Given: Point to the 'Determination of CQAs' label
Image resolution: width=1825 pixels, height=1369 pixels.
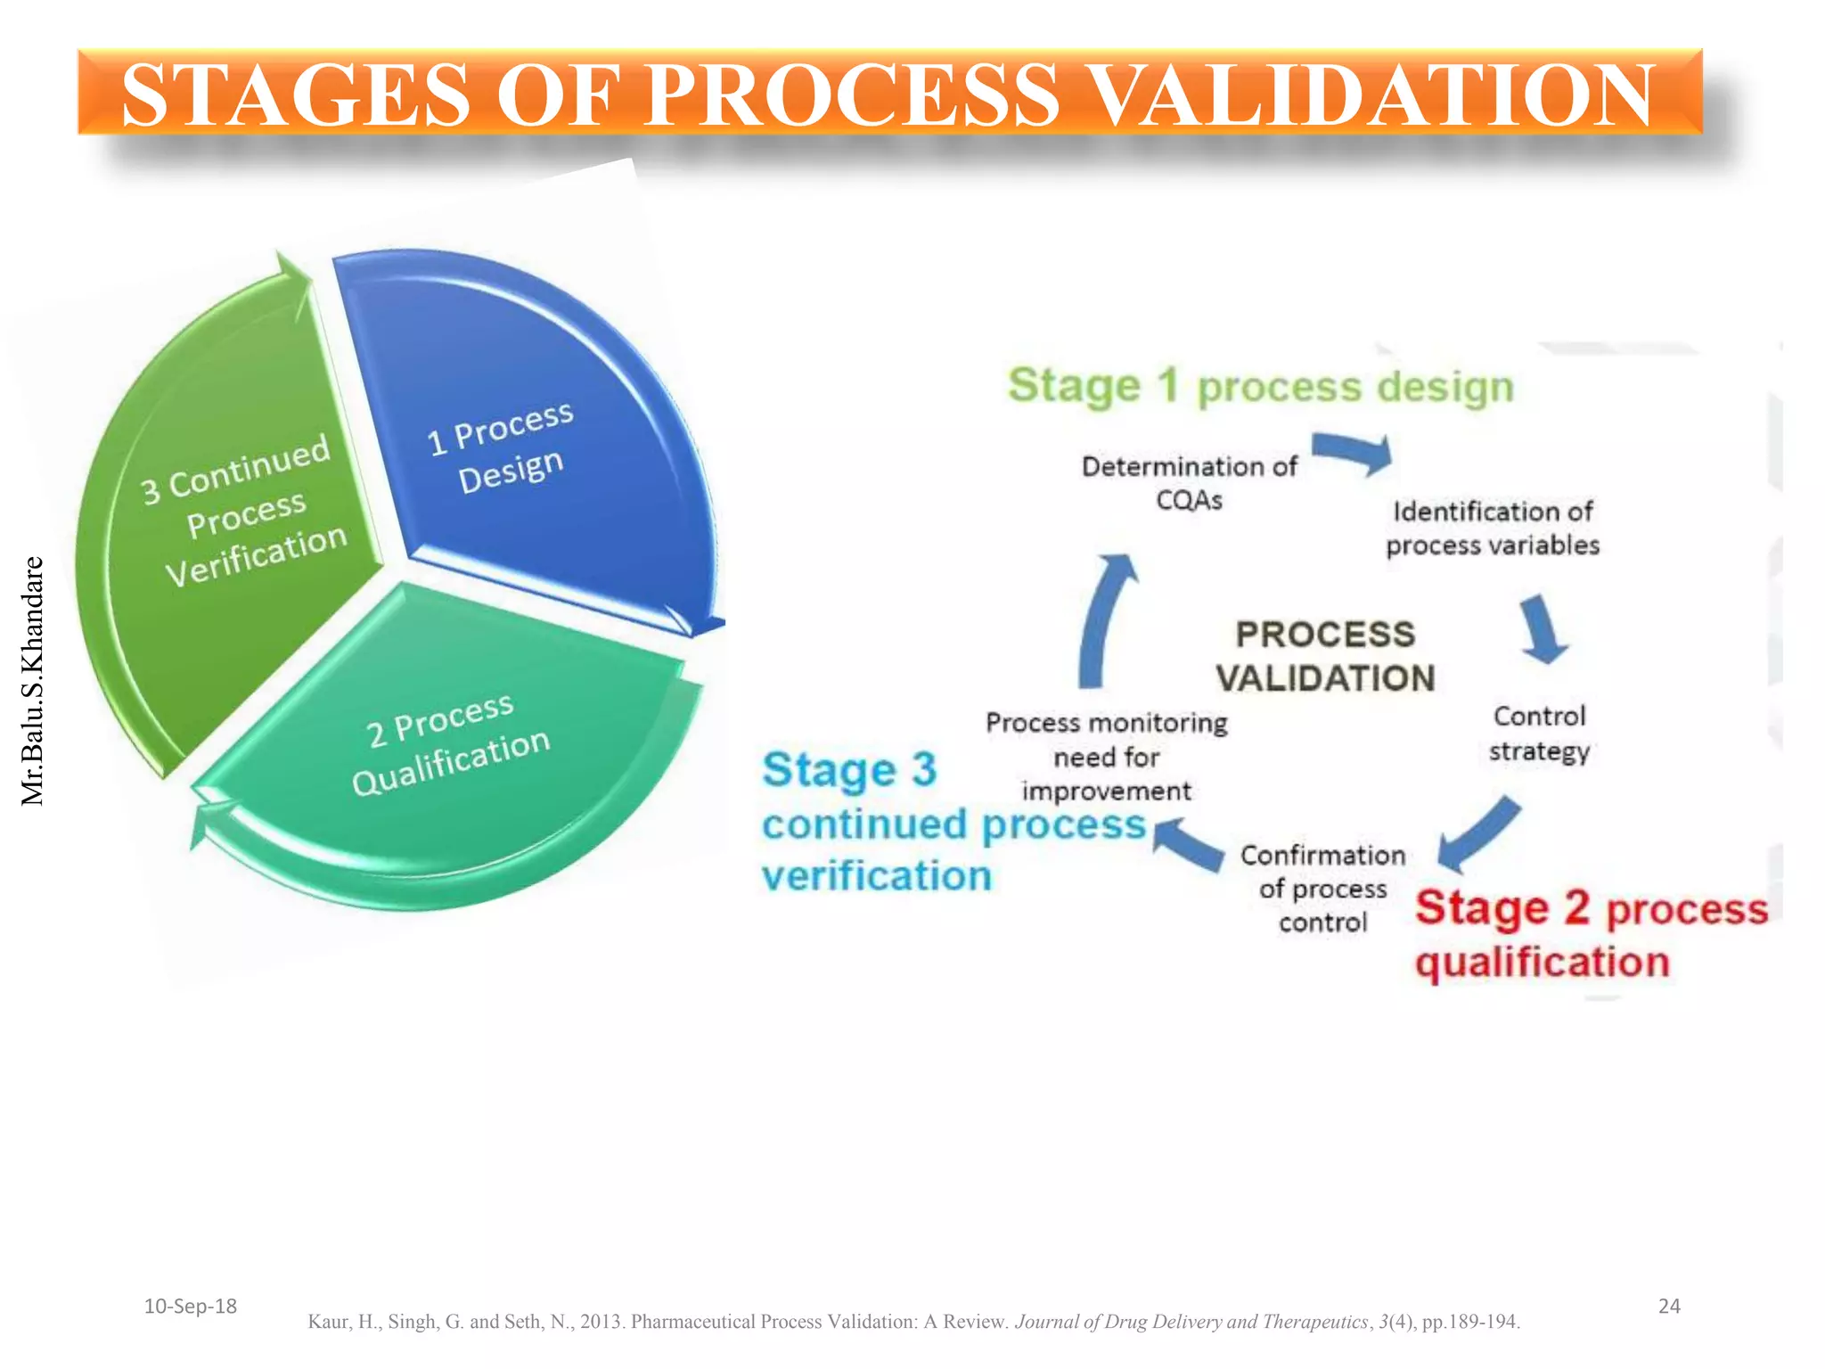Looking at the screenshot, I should (1189, 482).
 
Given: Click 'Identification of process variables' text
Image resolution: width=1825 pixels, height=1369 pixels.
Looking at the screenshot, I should (1493, 528).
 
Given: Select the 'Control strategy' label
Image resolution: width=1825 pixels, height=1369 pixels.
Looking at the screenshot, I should (1539, 733).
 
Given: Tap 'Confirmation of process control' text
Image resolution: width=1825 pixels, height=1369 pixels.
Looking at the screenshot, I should (1322, 889).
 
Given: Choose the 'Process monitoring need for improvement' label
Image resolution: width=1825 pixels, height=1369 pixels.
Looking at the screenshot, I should (1106, 756).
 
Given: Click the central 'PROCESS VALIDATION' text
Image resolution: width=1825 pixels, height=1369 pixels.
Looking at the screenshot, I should (1325, 656).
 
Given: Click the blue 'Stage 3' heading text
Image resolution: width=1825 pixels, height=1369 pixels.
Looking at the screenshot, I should (849, 769).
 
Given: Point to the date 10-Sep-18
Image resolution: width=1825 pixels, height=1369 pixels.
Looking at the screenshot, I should (190, 1307).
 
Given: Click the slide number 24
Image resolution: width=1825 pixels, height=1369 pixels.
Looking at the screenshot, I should (1668, 1307).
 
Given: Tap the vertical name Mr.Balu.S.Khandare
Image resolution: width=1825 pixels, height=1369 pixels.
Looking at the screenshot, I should (32, 681).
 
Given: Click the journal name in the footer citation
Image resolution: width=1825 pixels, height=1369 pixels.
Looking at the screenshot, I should (1190, 1322).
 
